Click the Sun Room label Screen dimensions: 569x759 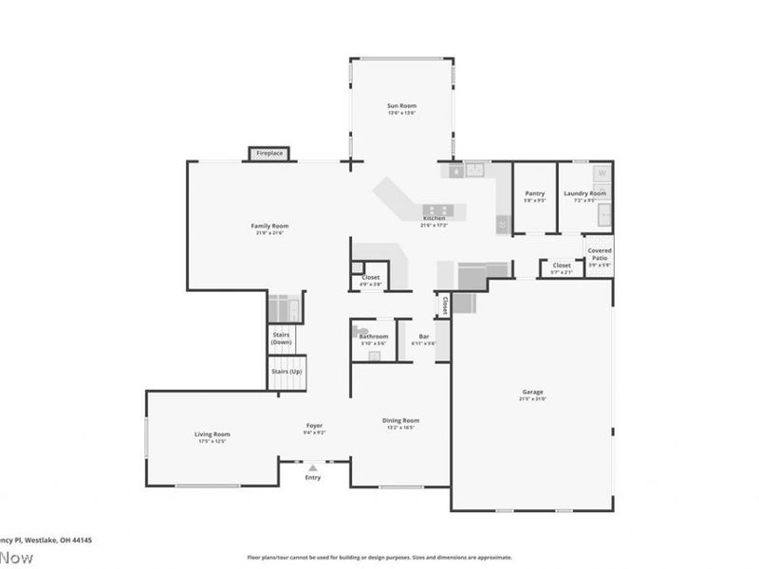pyautogui.click(x=401, y=105)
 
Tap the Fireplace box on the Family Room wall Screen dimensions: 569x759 pyautogui.click(x=268, y=154)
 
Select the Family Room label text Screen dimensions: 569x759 pyautogui.click(x=269, y=226)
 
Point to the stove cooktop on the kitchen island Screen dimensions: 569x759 pyautogui.click(x=439, y=210)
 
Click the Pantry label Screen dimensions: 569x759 pyautogui.click(x=535, y=193)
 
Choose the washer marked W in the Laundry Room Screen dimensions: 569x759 pyautogui.click(x=601, y=174)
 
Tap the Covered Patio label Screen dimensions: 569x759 pyautogui.click(x=599, y=254)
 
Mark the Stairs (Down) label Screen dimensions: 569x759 pyautogui.click(x=282, y=338)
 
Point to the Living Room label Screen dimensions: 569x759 pyautogui.click(x=212, y=434)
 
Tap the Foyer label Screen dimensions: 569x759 pyautogui.click(x=314, y=426)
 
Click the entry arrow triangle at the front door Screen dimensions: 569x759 pyautogui.click(x=313, y=467)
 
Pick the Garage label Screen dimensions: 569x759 pyautogui.click(x=532, y=393)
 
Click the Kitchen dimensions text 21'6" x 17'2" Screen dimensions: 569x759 pyautogui.click(x=434, y=226)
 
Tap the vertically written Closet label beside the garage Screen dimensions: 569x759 pyautogui.click(x=444, y=304)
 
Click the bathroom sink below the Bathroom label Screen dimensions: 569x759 pyautogui.click(x=373, y=355)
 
